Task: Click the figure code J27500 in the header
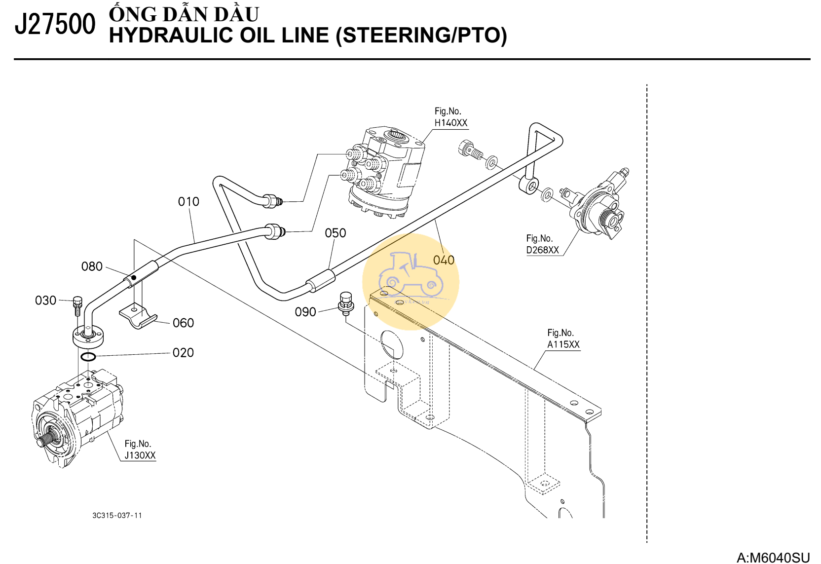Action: [55, 25]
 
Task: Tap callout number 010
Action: [188, 201]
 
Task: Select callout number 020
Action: [183, 352]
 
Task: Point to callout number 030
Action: [45, 300]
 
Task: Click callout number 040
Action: [444, 260]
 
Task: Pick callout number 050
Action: [336, 233]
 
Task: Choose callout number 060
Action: [183, 323]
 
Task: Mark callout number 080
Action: [92, 266]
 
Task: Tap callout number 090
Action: [305, 312]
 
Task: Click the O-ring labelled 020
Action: [88, 357]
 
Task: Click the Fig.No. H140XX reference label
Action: [450, 117]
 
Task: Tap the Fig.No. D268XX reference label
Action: [542, 244]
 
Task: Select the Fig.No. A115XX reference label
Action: [563, 339]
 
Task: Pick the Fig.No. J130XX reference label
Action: [140, 450]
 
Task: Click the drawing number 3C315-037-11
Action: [117, 515]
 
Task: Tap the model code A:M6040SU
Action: [773, 558]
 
